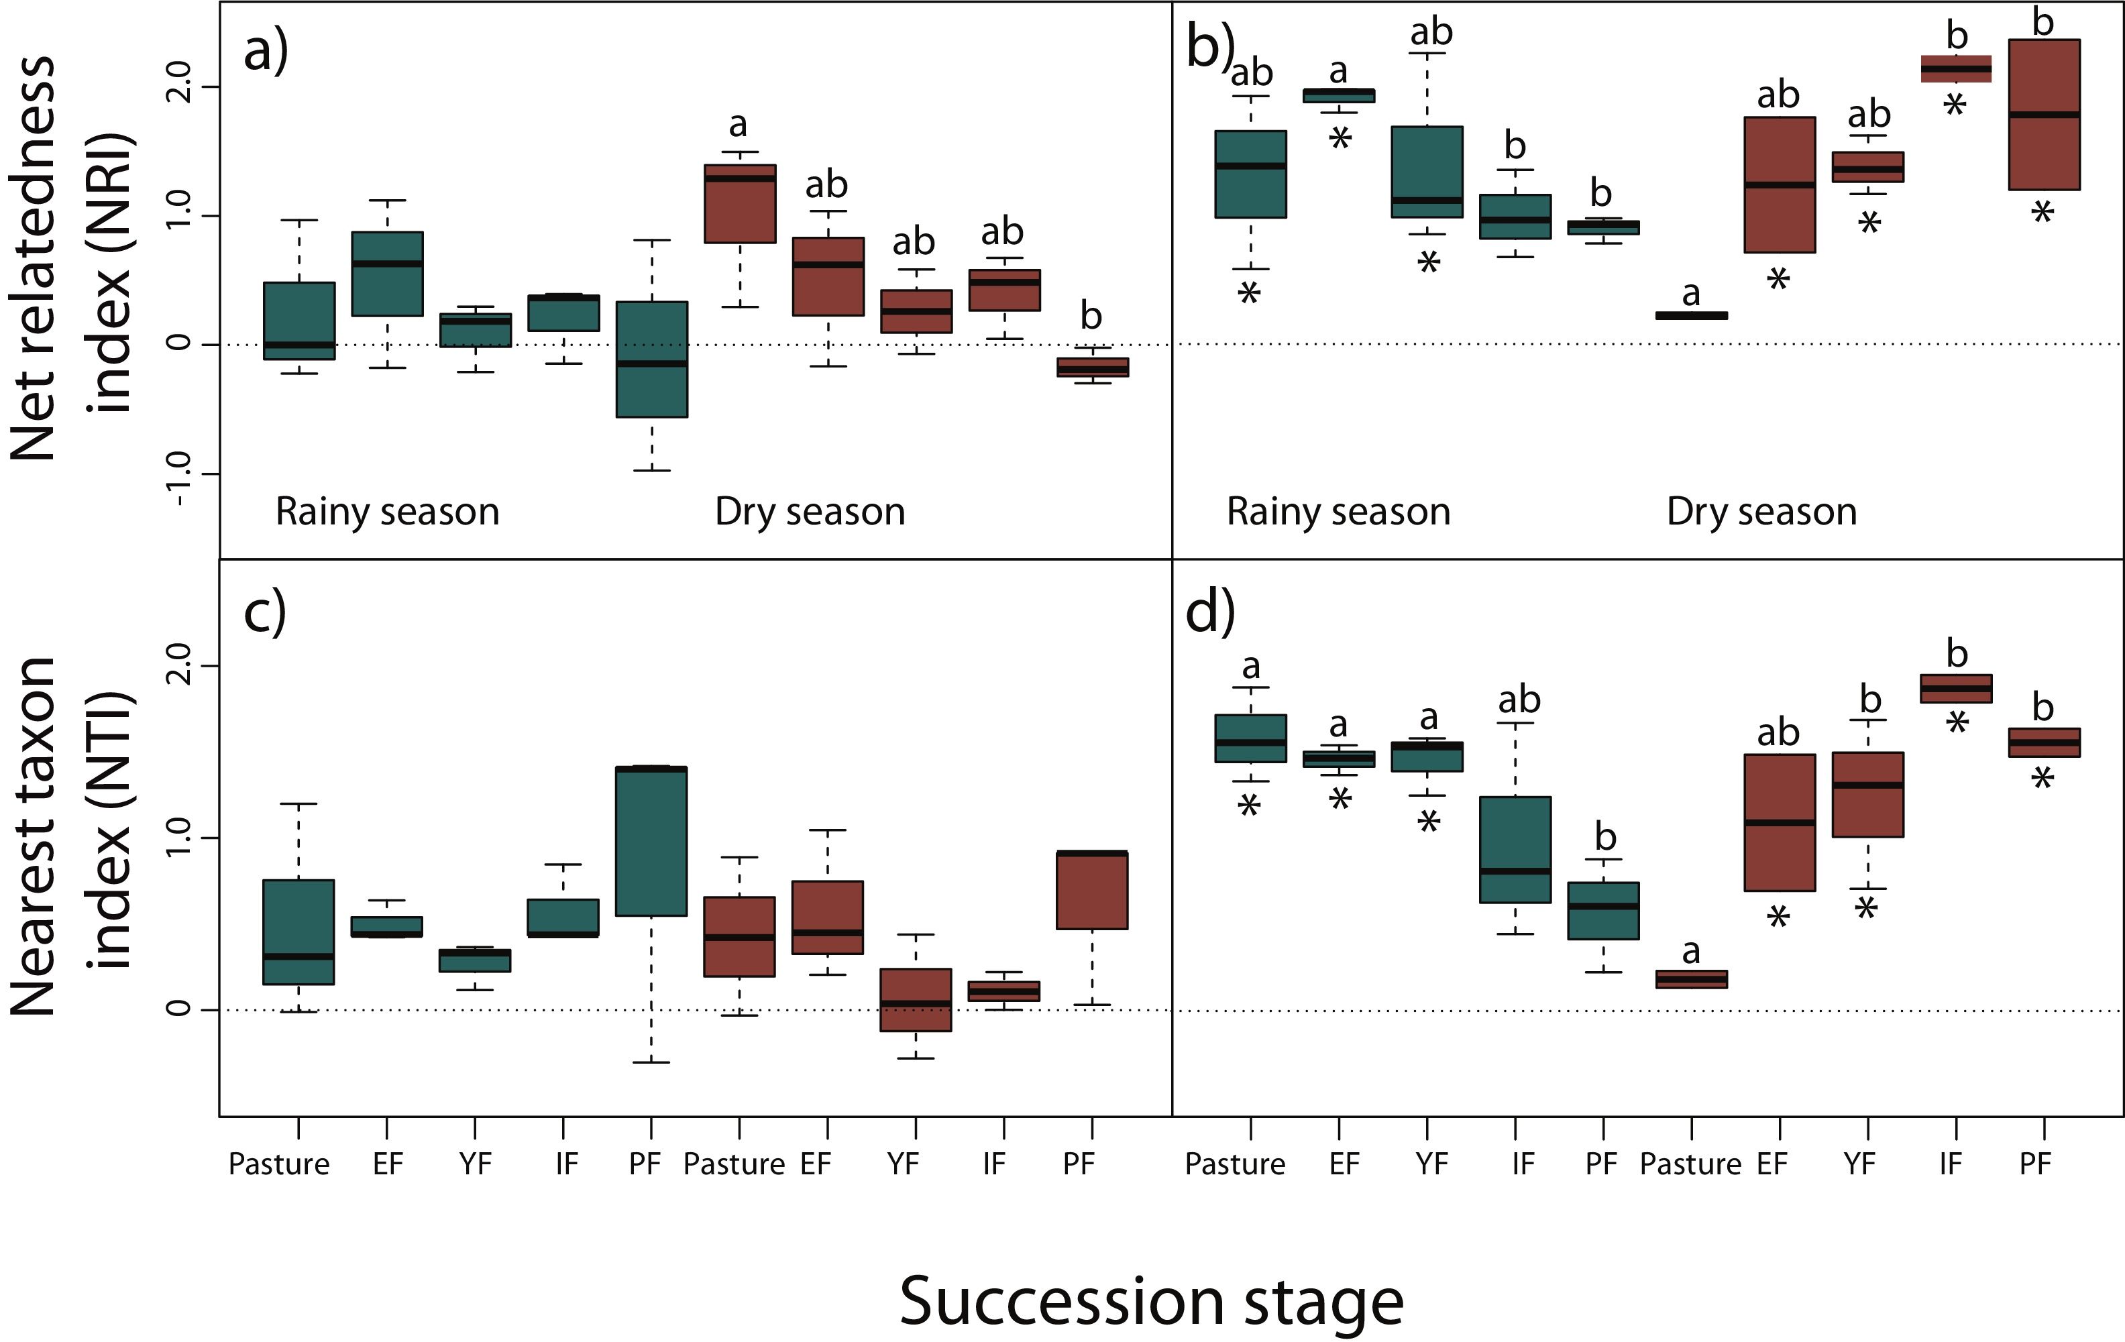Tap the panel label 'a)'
[x=266, y=51]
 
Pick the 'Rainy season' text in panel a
[x=388, y=512]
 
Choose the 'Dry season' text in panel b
[x=1761, y=512]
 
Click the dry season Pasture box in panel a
[x=739, y=204]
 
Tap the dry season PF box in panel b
[x=2044, y=115]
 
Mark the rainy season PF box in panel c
[x=652, y=842]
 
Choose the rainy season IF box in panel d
[x=1515, y=850]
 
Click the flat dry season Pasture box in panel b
[x=1692, y=316]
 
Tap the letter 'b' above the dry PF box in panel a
[x=1091, y=316]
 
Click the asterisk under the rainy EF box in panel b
[x=1340, y=139]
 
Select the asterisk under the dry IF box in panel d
[x=1957, y=725]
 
